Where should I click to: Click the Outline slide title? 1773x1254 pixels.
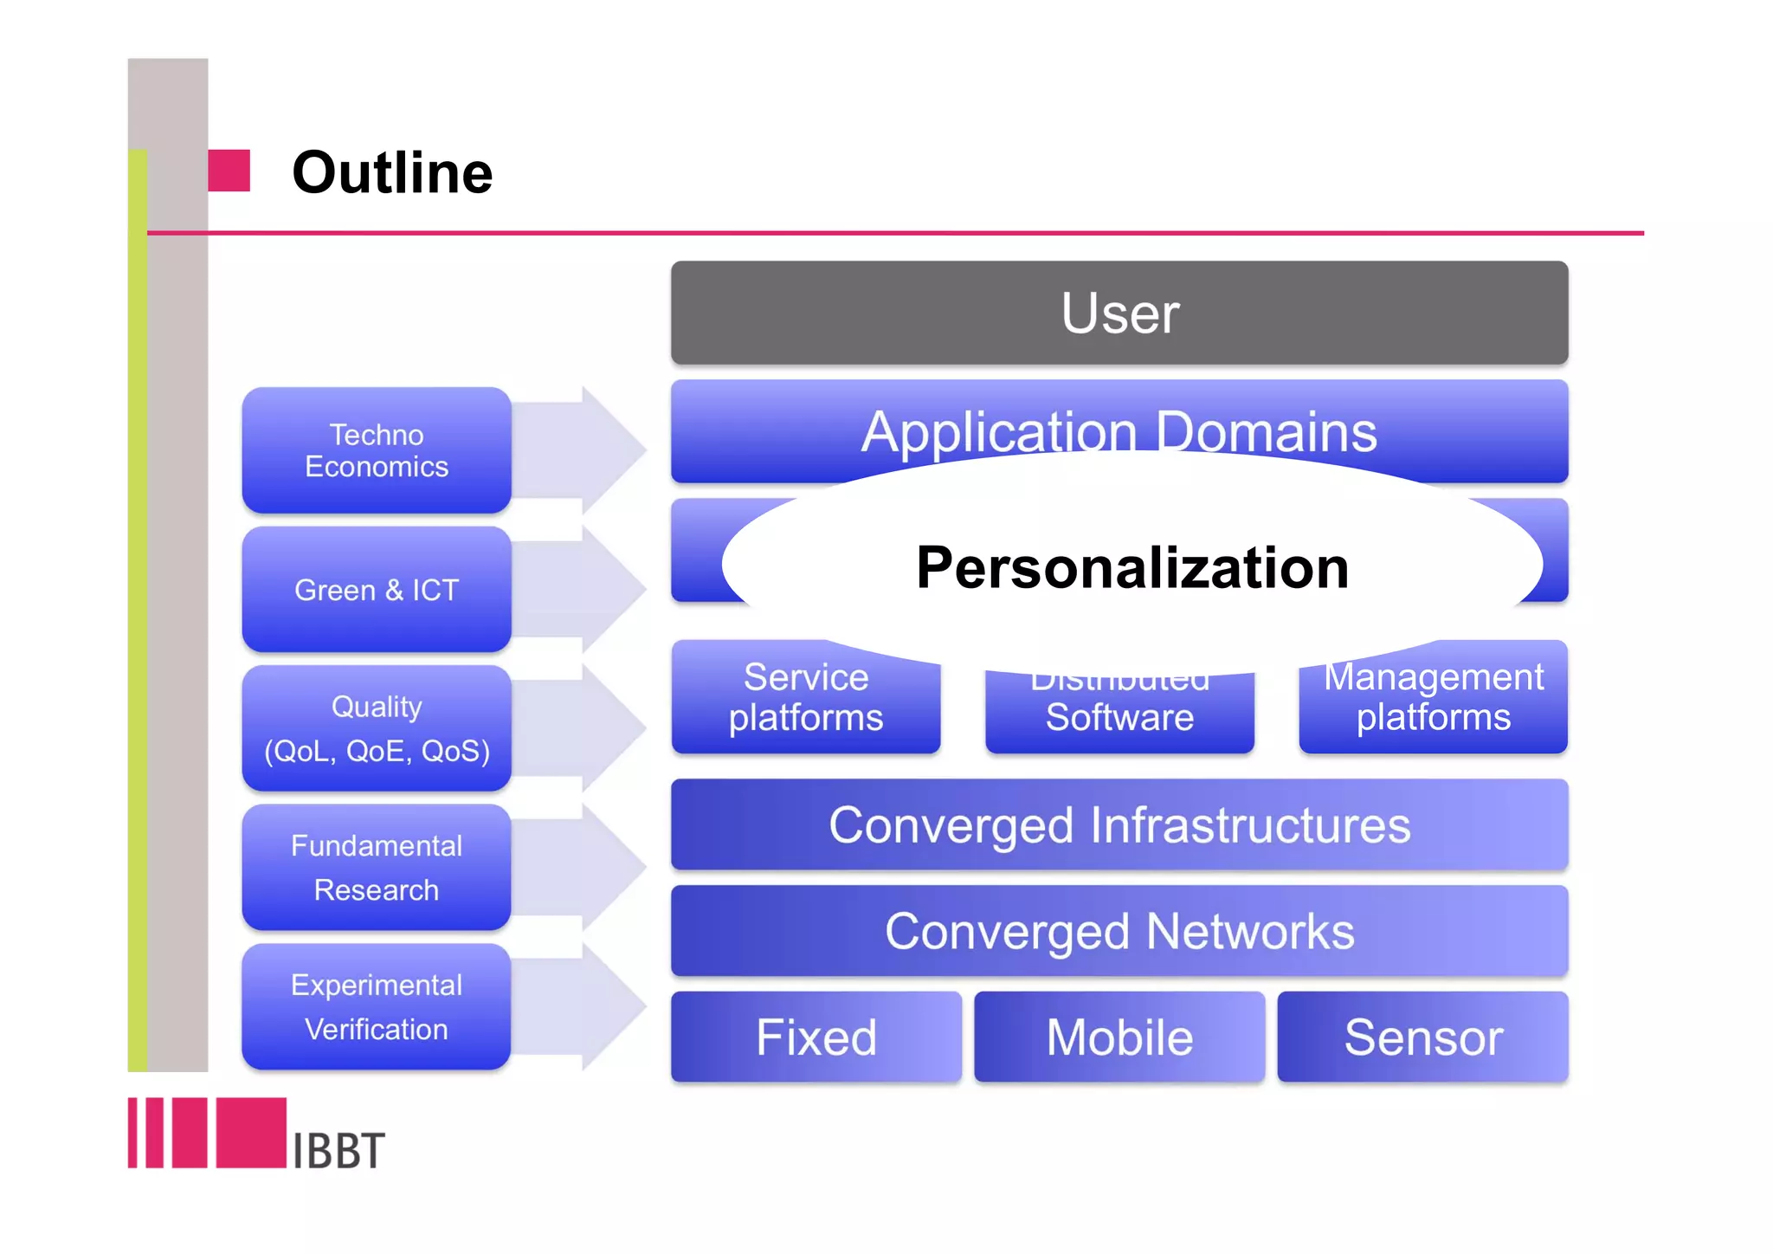click(392, 172)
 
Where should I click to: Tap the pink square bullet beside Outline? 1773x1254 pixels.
click(229, 171)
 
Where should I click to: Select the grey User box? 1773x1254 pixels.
click(1119, 313)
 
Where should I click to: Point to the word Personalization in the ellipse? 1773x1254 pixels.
click(1132, 567)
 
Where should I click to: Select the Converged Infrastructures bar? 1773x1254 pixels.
click(1119, 824)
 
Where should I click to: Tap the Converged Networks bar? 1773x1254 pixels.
click(1119, 931)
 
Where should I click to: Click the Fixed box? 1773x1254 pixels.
click(816, 1037)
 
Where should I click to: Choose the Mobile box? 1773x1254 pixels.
click(1119, 1037)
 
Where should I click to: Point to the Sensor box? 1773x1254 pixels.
click(1422, 1037)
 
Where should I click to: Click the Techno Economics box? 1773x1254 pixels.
click(377, 450)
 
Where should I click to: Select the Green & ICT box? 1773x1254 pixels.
click(377, 590)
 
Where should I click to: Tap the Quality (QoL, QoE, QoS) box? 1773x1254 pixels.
click(377, 728)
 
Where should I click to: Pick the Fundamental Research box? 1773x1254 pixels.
click(377, 868)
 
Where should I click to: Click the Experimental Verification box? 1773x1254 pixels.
click(377, 1007)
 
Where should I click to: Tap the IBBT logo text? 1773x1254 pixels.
click(338, 1151)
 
